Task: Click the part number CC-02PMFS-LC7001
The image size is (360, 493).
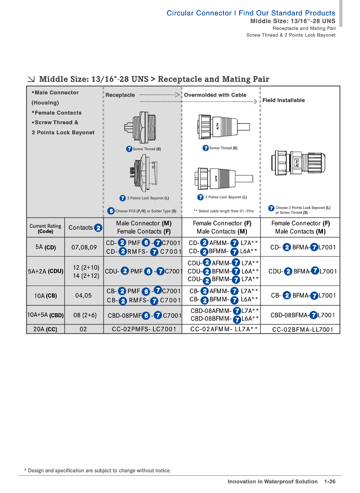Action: [x=142, y=329]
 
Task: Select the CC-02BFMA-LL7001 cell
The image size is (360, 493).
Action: [x=303, y=330]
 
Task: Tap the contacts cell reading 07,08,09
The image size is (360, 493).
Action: [x=84, y=247]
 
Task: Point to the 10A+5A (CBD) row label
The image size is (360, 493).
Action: [x=45, y=315]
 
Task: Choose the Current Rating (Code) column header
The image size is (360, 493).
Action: [x=45, y=229]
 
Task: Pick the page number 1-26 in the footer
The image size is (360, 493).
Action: [x=330, y=481]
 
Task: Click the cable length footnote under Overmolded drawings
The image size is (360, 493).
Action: [x=223, y=211]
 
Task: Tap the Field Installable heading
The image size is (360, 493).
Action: [x=283, y=100]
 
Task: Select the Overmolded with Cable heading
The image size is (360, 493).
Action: [x=215, y=95]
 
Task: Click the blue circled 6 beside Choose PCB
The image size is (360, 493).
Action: [x=111, y=211]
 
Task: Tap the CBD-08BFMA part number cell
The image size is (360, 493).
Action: [x=303, y=315]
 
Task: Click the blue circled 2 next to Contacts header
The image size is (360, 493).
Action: [x=98, y=228]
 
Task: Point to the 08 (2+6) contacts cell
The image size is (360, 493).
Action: [x=84, y=315]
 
